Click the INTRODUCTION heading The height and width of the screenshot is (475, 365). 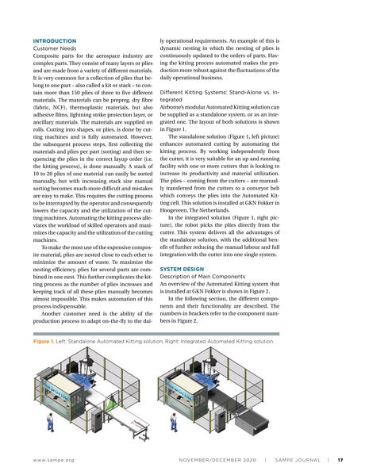point(54,40)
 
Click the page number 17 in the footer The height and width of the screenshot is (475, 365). point(340,458)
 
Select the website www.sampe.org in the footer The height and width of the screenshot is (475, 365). point(53,458)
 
